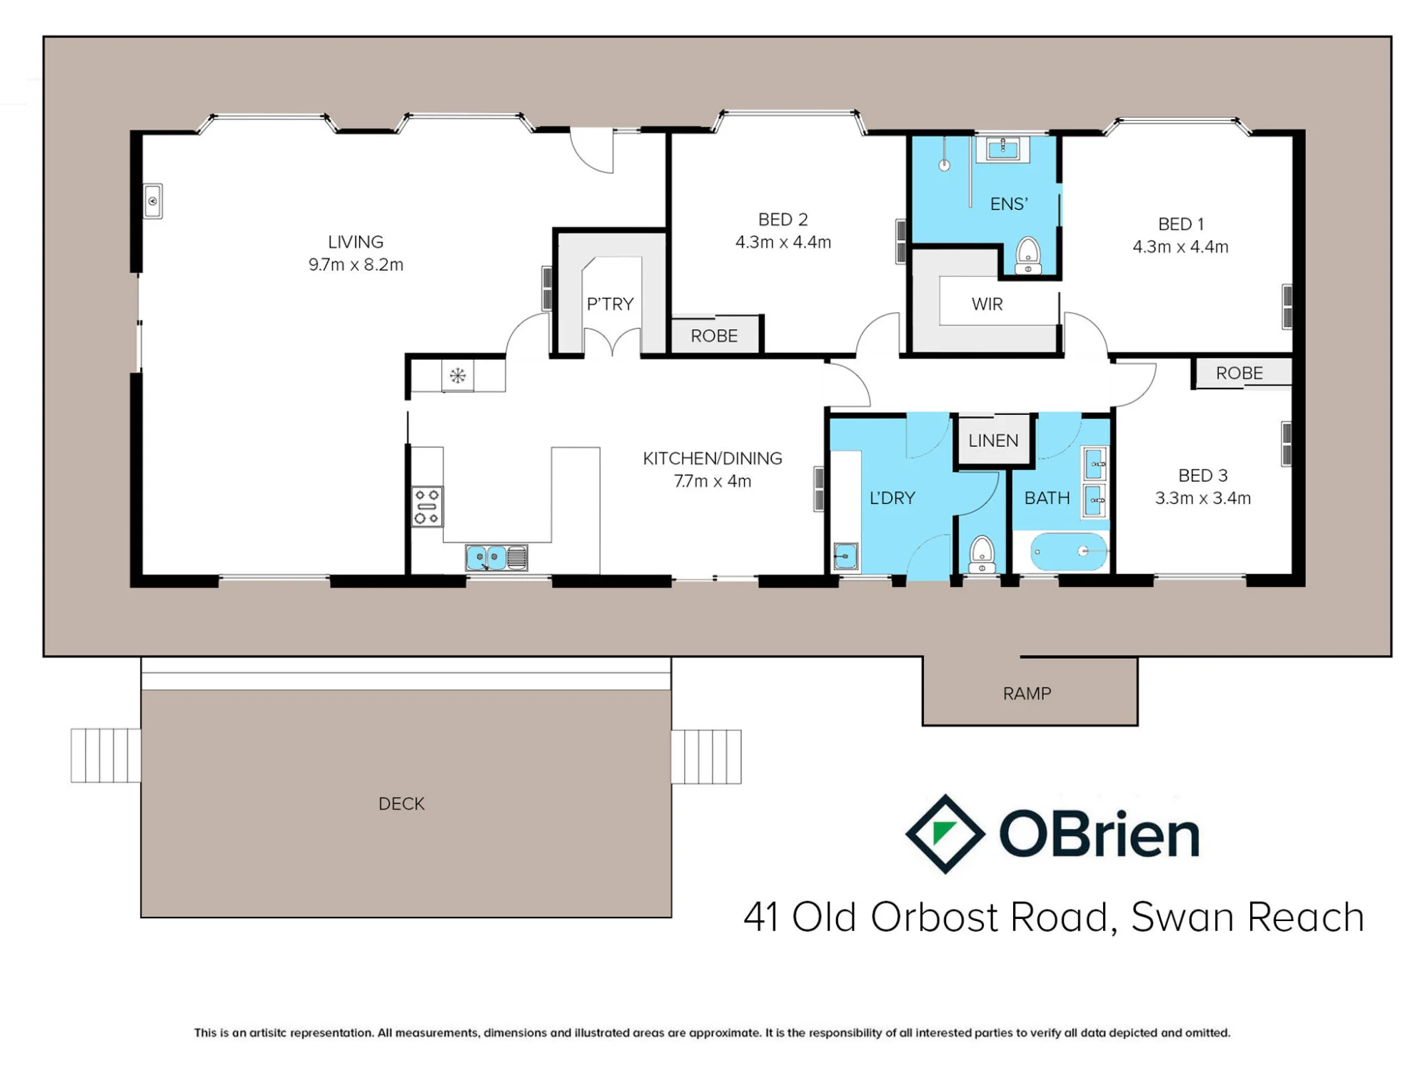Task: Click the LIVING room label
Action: (356, 242)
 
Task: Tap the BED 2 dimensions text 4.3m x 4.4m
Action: (783, 242)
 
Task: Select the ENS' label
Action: (1009, 204)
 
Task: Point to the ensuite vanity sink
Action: (1003, 149)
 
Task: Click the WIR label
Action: (987, 304)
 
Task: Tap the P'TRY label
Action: (610, 304)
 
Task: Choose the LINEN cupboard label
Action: (993, 441)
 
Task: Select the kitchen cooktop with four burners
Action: (427, 506)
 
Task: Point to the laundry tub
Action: (845, 556)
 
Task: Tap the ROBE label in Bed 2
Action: (714, 336)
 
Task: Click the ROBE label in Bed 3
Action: (1240, 373)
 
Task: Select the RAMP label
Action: (1027, 694)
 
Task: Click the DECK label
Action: (401, 804)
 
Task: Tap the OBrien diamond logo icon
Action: (945, 834)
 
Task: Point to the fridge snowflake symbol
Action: (458, 376)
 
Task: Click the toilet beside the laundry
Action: (982, 554)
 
